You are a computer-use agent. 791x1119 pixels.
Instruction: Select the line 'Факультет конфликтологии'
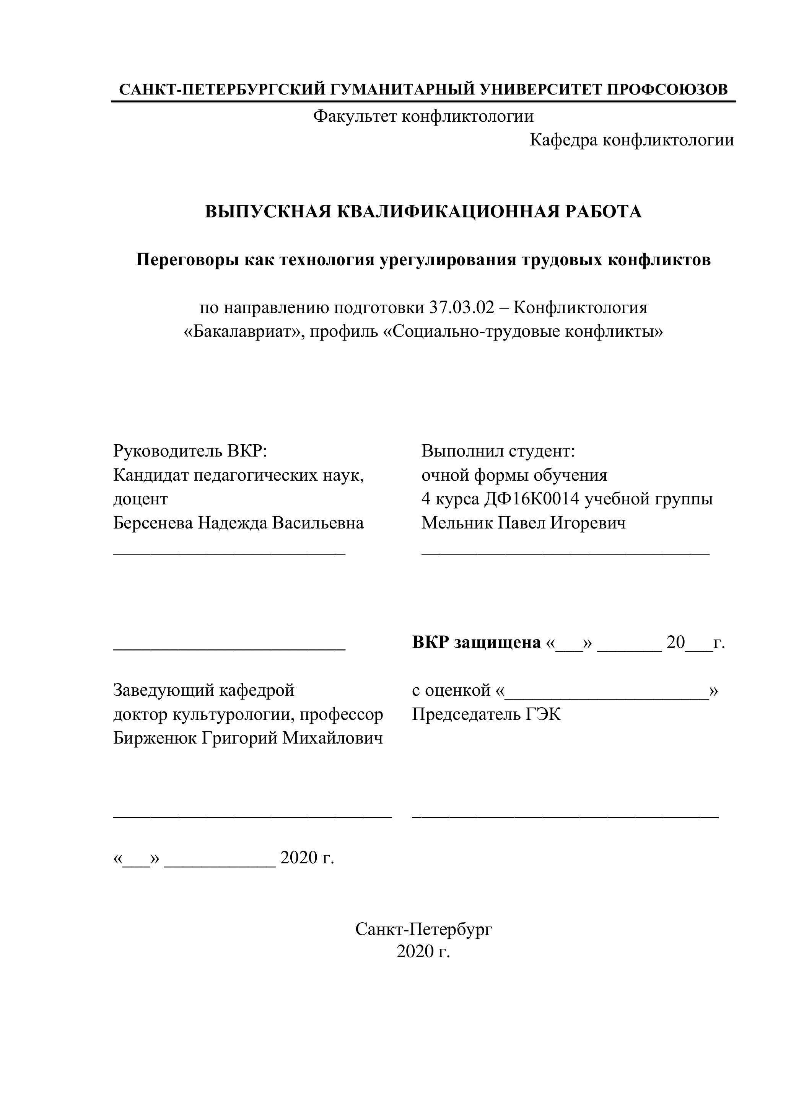coord(423,116)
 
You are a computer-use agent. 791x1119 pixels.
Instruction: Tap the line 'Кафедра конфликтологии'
coord(632,140)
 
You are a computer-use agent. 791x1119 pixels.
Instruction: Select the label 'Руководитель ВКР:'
coord(190,451)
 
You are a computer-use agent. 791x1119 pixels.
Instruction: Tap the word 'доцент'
coord(140,499)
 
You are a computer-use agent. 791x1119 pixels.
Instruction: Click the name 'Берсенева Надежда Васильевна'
coord(238,523)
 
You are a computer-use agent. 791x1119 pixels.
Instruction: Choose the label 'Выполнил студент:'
coord(498,451)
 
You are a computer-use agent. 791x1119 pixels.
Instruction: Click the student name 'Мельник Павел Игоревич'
coord(524,523)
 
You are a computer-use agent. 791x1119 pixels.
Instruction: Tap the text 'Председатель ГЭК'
coord(486,714)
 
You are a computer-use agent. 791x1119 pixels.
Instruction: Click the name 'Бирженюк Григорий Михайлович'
coord(248,738)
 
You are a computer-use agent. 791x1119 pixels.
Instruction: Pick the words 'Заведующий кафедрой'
coord(203,690)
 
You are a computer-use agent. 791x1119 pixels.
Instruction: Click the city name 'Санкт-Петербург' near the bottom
coord(423,929)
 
